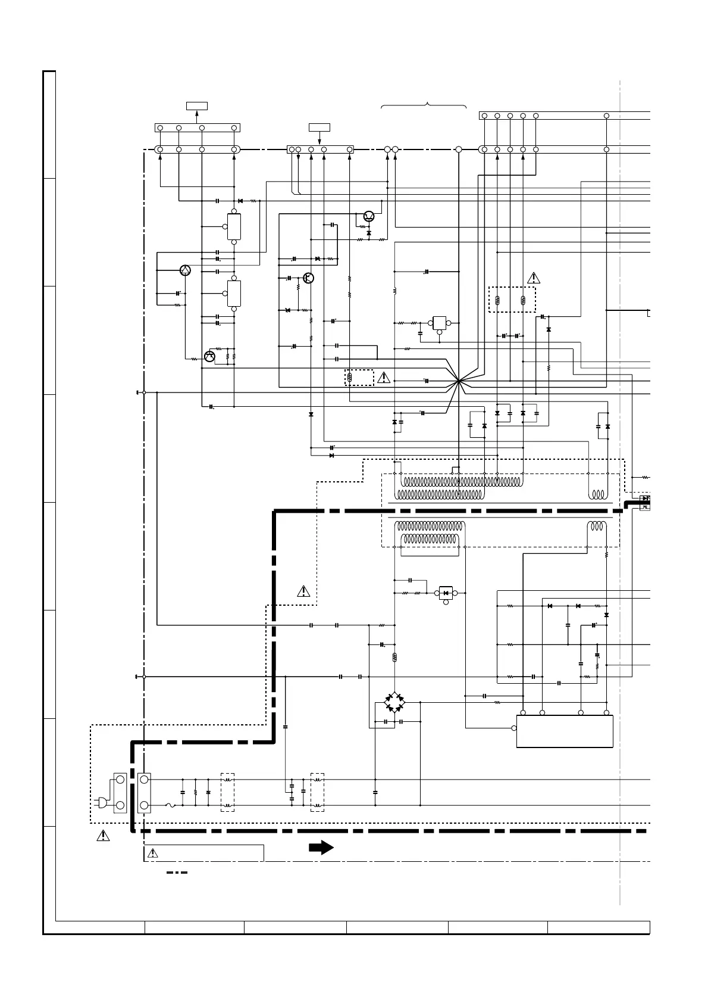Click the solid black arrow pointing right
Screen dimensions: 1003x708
[x=321, y=848]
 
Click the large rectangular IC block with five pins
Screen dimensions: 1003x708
[x=565, y=731]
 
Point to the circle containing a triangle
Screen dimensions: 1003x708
[x=185, y=270]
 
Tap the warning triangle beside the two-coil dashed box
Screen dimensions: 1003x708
[x=534, y=278]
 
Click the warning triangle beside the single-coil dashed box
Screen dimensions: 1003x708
[x=384, y=377]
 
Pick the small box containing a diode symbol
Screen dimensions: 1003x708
[x=446, y=593]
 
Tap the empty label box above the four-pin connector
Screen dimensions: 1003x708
[x=196, y=106]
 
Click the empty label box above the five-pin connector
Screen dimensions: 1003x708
[x=319, y=127]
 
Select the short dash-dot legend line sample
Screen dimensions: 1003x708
[x=177, y=873]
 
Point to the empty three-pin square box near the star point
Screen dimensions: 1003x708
[x=440, y=323]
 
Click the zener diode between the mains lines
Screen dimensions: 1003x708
[x=208, y=793]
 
